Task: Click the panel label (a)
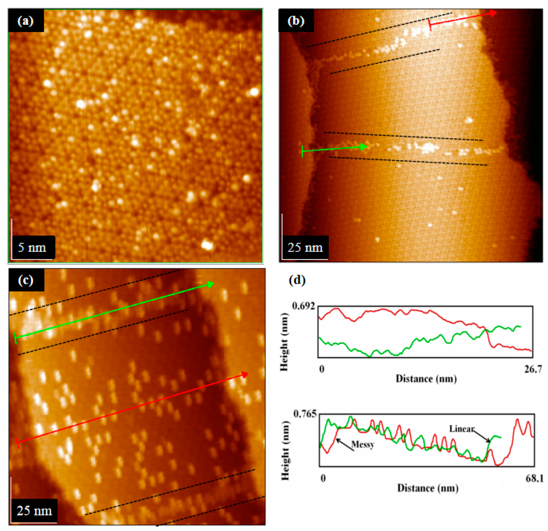click(x=25, y=21)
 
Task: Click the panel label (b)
click(x=296, y=21)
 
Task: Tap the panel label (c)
click(x=26, y=280)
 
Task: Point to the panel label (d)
click(x=297, y=280)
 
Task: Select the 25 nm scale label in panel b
click(x=305, y=248)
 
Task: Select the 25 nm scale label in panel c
click(x=34, y=510)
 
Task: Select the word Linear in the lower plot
click(x=462, y=429)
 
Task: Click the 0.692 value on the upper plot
click(x=303, y=306)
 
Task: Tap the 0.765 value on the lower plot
click(x=305, y=414)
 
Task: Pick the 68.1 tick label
click(x=534, y=478)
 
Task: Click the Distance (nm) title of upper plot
click(x=426, y=379)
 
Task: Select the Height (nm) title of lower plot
click(x=285, y=450)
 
